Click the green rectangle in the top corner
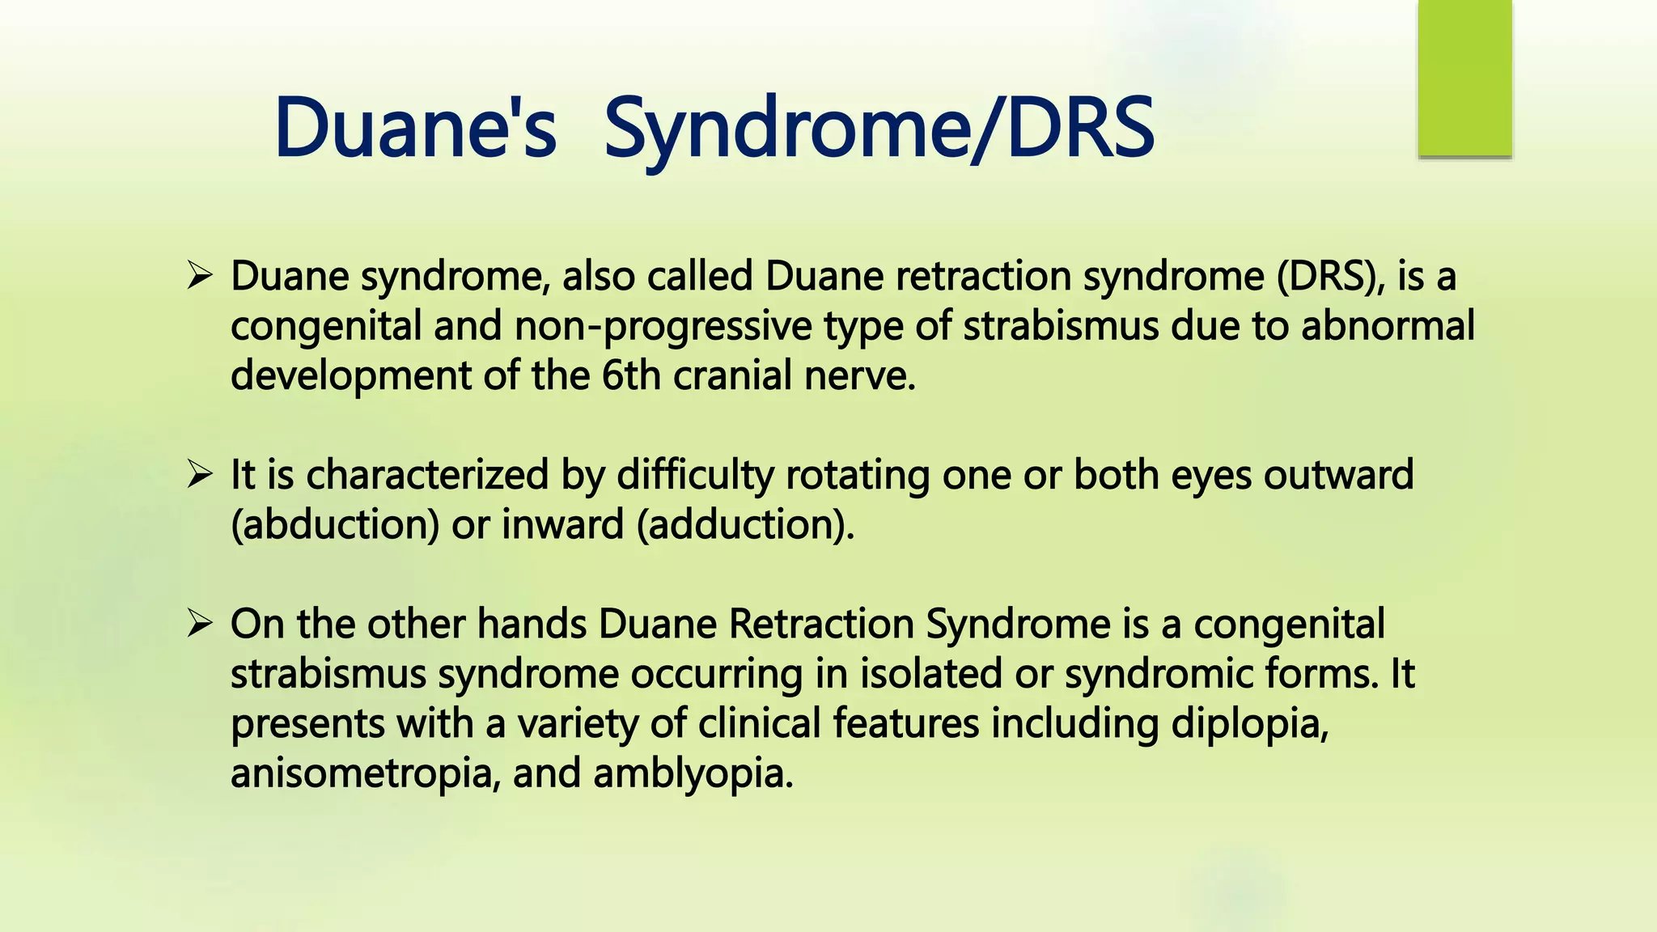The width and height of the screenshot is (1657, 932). tap(1464, 78)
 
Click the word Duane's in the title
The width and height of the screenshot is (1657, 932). tap(415, 128)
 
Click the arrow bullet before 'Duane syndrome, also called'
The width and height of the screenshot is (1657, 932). tap(199, 276)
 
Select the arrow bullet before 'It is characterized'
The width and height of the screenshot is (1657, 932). tap(199, 474)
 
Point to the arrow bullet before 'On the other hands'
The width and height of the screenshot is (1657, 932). tap(199, 624)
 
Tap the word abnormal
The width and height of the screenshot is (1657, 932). tap(1388, 326)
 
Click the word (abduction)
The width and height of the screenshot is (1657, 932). tap(335, 525)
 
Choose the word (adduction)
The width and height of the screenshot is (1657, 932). tap(745, 525)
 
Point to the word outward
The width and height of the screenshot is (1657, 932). tap(1339, 475)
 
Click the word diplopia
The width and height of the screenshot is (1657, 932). tap(1249, 725)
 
